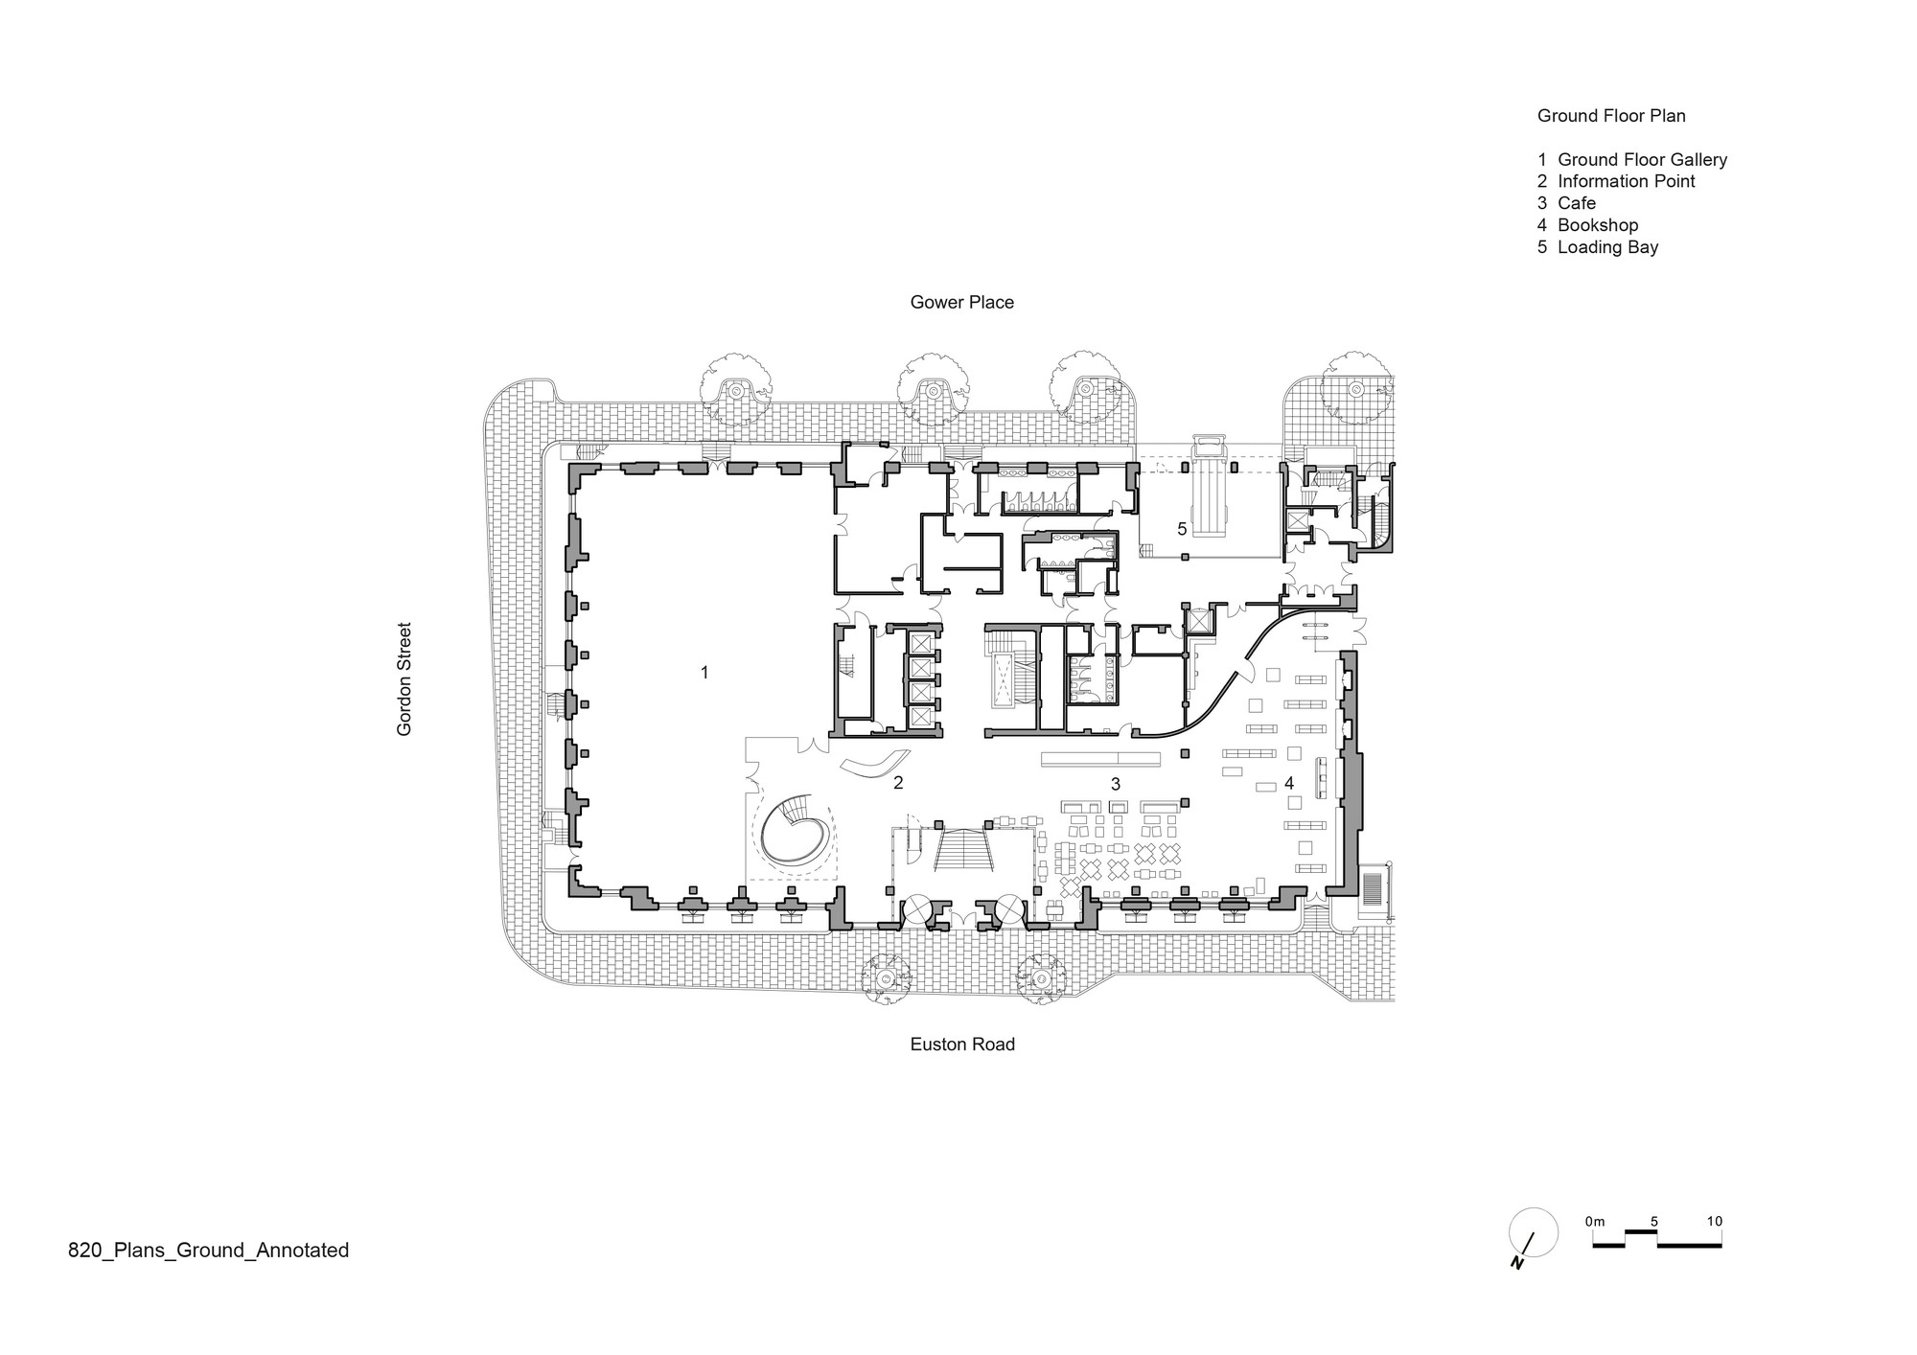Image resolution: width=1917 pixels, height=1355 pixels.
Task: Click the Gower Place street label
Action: click(x=961, y=303)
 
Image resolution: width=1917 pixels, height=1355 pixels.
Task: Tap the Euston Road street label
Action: click(x=962, y=1045)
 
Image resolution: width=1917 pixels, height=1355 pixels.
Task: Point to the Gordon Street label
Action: click(x=404, y=679)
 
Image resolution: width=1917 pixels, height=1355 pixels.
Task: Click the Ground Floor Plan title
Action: click(x=1611, y=116)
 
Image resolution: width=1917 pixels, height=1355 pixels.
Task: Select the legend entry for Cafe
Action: click(x=1567, y=203)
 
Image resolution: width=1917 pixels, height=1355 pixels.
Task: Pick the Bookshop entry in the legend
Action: click(x=1588, y=225)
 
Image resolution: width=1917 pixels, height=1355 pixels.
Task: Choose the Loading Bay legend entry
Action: click(x=1598, y=247)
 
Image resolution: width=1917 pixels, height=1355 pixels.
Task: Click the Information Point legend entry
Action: click(x=1616, y=181)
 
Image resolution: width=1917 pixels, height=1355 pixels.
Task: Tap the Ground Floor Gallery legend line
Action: click(x=1632, y=160)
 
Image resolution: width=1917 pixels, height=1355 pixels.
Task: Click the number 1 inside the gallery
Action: click(x=704, y=673)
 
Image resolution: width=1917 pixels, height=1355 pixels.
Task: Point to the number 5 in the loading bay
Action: click(x=1182, y=529)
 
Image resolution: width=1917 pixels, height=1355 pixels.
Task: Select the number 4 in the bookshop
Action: click(x=1289, y=784)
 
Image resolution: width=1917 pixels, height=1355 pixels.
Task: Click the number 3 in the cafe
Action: click(x=1116, y=784)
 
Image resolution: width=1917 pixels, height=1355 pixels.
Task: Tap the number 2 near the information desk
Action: click(x=898, y=783)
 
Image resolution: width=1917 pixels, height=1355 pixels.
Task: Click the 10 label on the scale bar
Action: click(x=1715, y=1222)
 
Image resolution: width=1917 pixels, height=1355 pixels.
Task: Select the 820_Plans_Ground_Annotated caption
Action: click(x=209, y=1251)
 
